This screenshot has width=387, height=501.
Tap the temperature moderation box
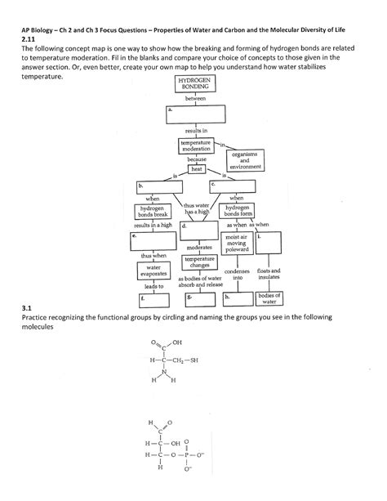(196, 146)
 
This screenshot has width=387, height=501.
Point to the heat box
(197, 169)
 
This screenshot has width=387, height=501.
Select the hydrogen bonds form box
(237, 212)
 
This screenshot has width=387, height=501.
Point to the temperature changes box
(200, 261)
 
